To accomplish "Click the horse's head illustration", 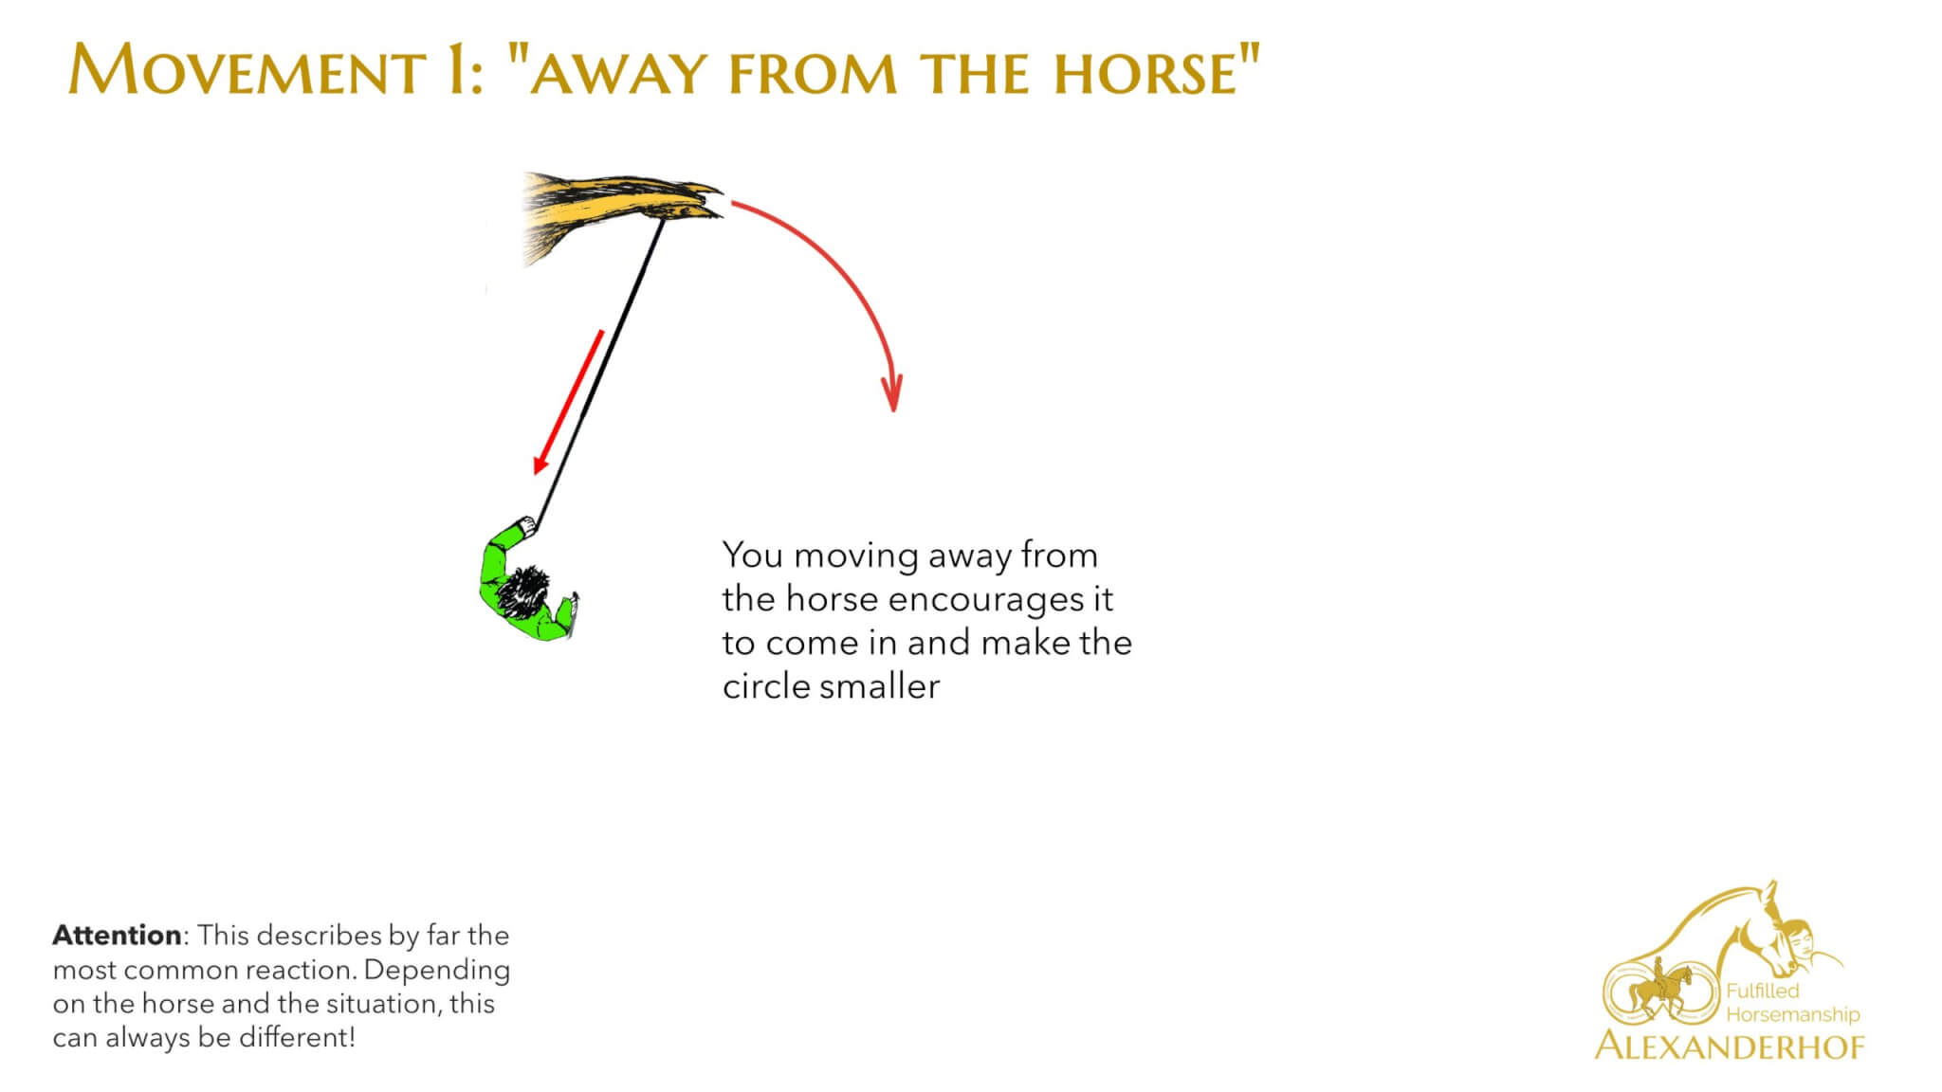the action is pos(621,212).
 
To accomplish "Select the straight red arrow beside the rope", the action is pos(568,402).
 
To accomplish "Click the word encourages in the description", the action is pos(986,600).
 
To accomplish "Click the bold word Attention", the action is pos(117,936).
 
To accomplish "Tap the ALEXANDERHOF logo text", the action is pos(1730,1046).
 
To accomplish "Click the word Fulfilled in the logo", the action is pos(1763,991).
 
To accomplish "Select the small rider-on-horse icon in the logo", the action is pos(1659,990).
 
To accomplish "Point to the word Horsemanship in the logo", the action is pos(1793,1014).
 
